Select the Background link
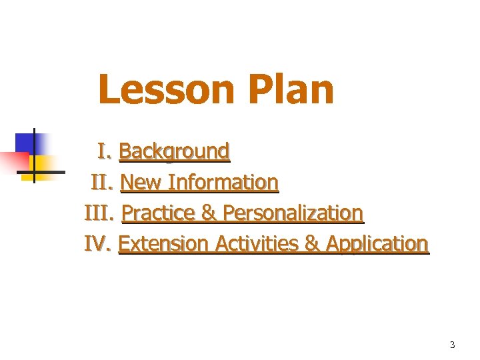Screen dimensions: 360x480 (x=174, y=151)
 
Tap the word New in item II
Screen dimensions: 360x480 (x=141, y=182)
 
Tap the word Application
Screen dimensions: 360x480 (x=377, y=243)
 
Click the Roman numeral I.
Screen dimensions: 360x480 (x=103, y=151)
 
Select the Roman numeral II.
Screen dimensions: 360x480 (x=103, y=182)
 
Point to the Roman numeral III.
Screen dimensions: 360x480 (x=101, y=213)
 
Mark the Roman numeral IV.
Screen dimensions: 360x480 (x=99, y=243)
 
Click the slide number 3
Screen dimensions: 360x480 (x=452, y=345)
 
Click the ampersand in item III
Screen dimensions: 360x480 (x=209, y=213)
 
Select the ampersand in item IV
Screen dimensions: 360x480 (x=311, y=243)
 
